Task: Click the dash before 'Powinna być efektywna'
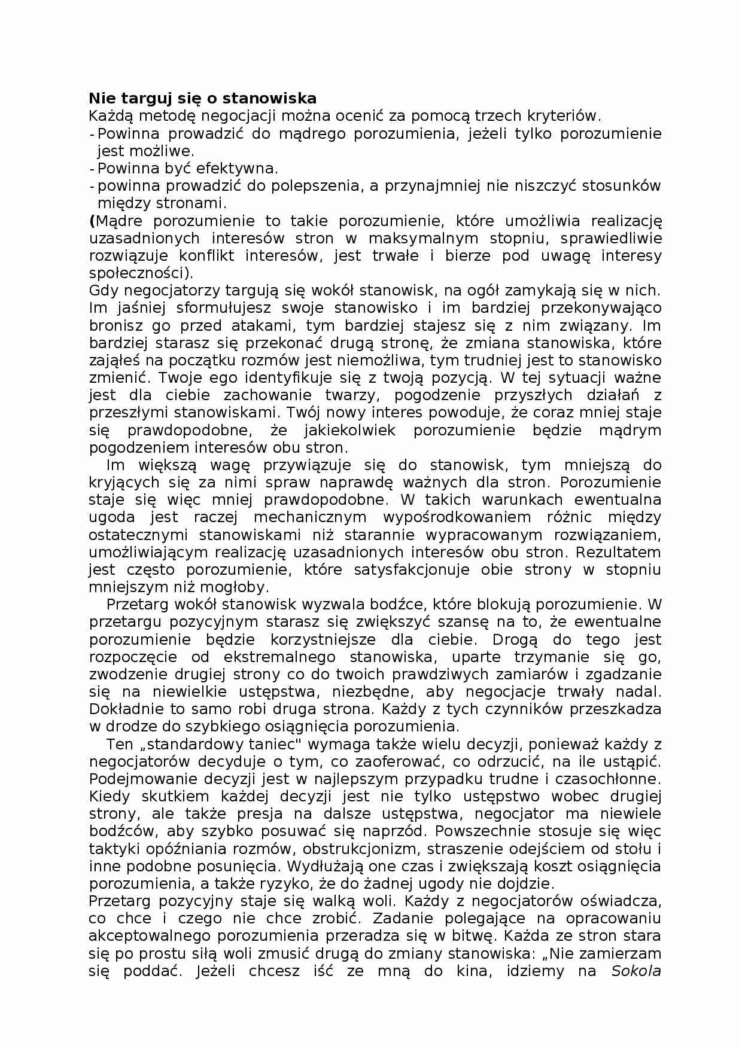pyautogui.click(x=92, y=168)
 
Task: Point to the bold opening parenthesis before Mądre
pyautogui.click(x=92, y=221)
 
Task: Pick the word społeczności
pyautogui.click(x=138, y=273)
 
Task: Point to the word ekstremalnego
pyautogui.click(x=279, y=657)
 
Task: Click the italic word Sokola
pyautogui.click(x=635, y=971)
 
